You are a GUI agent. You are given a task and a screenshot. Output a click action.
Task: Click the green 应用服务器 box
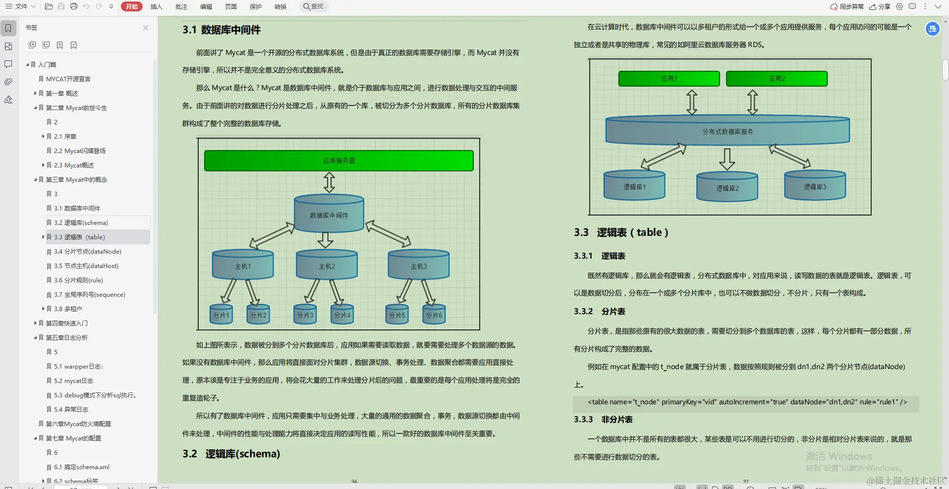pyautogui.click(x=338, y=161)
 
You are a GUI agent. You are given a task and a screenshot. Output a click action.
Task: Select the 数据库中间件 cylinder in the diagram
pyautogui.click(x=329, y=215)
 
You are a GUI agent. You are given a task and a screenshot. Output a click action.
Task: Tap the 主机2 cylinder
pyautogui.click(x=327, y=266)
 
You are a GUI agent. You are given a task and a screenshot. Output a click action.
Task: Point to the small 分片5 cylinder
pyautogui.click(x=396, y=314)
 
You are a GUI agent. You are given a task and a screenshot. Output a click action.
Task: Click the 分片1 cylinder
pyautogui.click(x=221, y=314)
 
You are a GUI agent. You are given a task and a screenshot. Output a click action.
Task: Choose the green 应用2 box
pyautogui.click(x=777, y=78)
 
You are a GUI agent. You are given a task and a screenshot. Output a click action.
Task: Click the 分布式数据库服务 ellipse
pyautogui.click(x=727, y=131)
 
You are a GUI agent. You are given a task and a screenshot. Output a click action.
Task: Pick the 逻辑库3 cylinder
pyautogui.click(x=815, y=186)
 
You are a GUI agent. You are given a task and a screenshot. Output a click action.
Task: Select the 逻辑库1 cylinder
pyautogui.click(x=634, y=186)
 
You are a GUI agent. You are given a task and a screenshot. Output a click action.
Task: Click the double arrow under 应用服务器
pyautogui.click(x=329, y=182)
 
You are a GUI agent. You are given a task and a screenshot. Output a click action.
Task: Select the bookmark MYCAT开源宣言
pyautogui.click(x=68, y=79)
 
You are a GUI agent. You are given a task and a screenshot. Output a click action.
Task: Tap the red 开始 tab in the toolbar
pyautogui.click(x=131, y=6)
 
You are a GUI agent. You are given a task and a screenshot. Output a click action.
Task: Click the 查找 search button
pyautogui.click(x=313, y=6)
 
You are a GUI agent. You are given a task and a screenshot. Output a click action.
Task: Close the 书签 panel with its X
pyautogui.click(x=146, y=28)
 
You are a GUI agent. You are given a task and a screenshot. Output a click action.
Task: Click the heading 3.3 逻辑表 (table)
pyautogui.click(x=621, y=232)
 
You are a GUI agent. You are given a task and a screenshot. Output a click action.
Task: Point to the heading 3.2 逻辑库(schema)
pyautogui.click(x=231, y=454)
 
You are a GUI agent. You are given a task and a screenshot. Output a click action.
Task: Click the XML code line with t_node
pyautogui.click(x=747, y=402)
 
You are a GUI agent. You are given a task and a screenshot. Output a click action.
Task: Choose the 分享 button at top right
pyautogui.click(x=880, y=6)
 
